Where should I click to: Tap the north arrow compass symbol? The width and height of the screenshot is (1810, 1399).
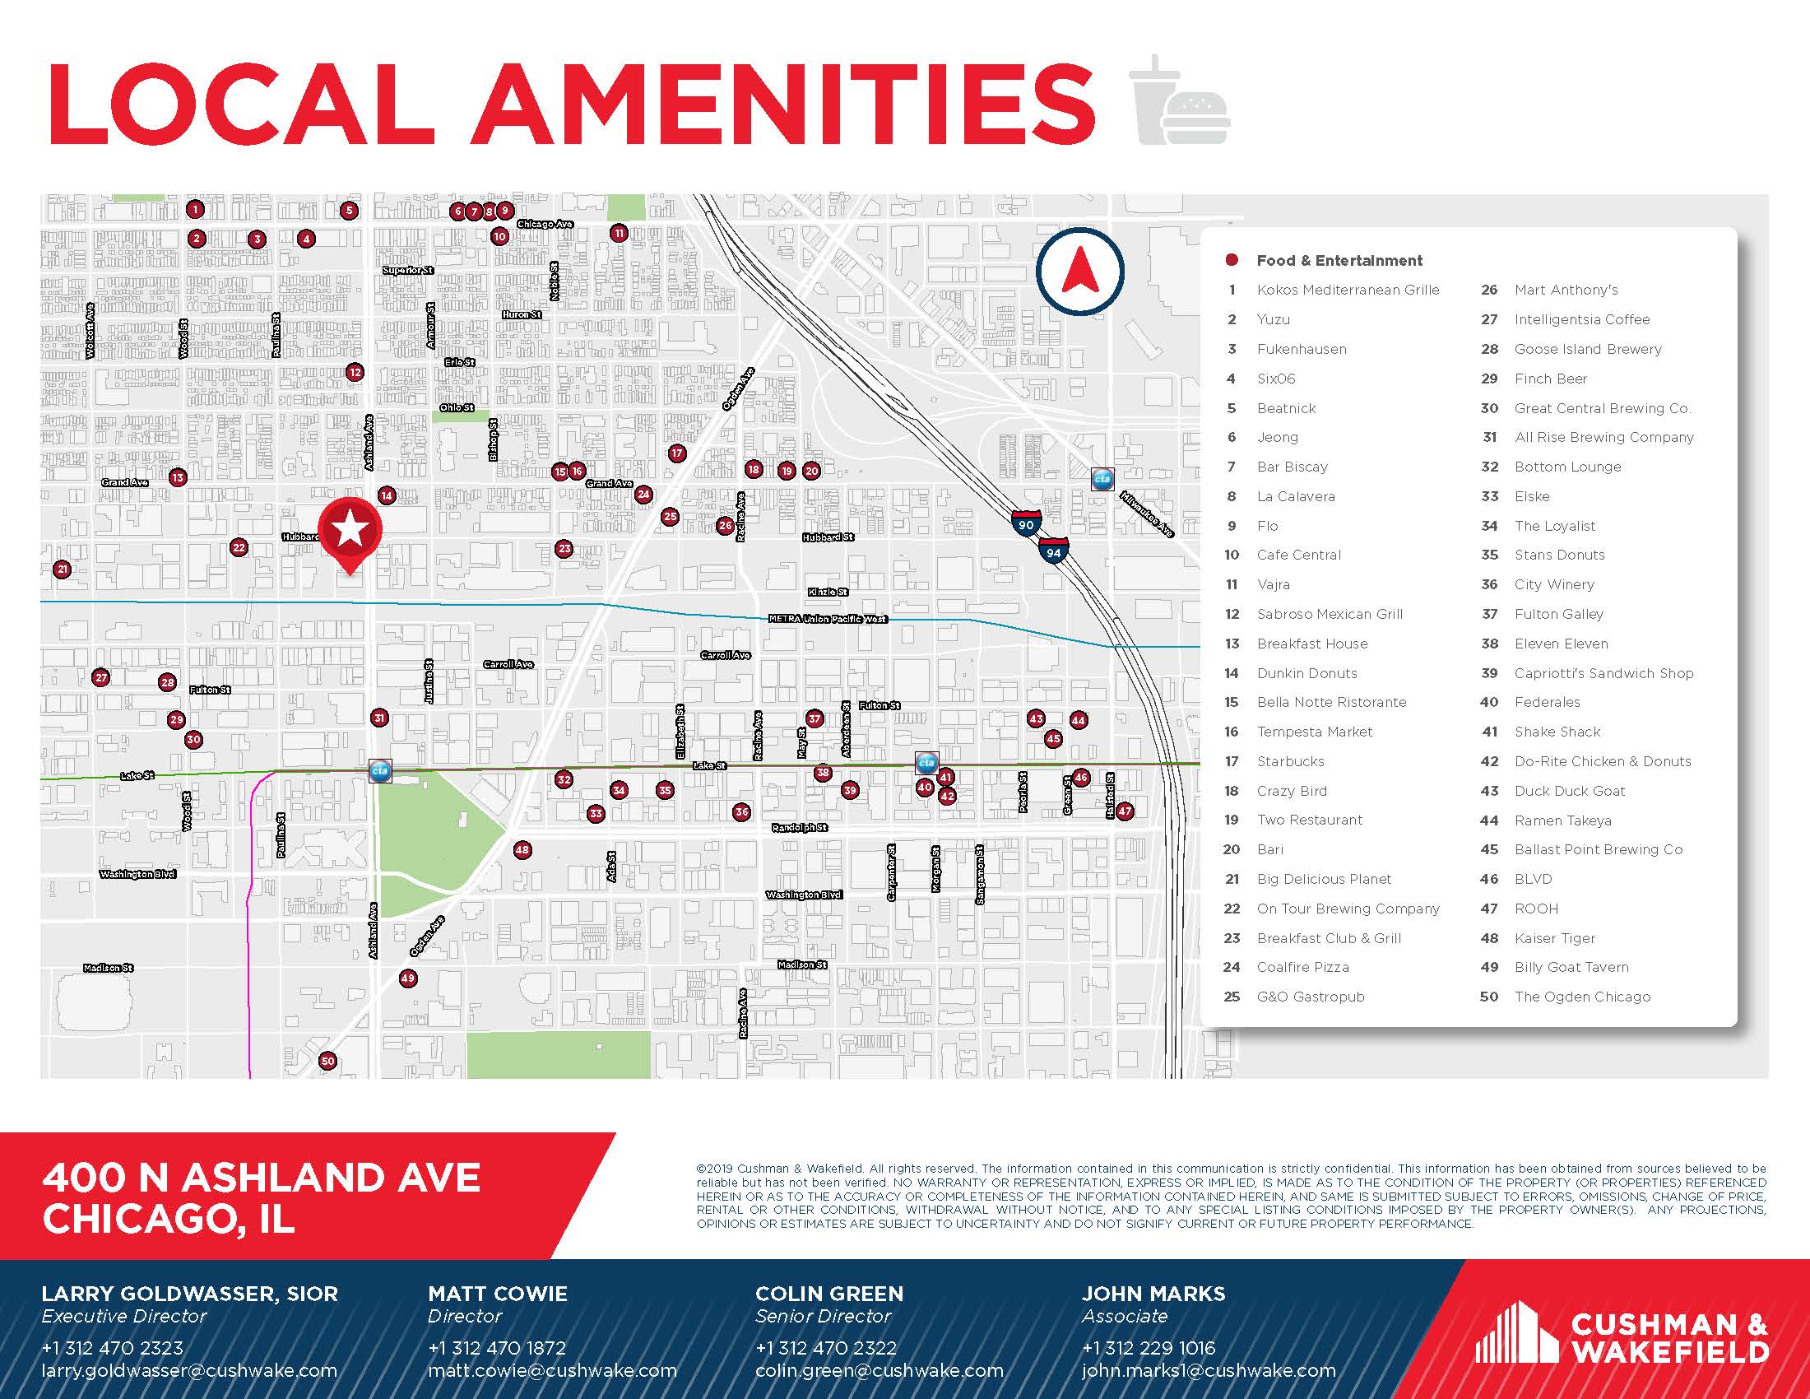(1079, 271)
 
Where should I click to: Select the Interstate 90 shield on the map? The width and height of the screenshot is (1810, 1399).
(1025, 523)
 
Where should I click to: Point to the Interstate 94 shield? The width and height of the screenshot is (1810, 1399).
(1053, 551)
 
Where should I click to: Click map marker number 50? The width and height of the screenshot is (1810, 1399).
(327, 1061)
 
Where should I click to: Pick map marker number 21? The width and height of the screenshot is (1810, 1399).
(63, 569)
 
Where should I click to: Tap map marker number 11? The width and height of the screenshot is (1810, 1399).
(618, 234)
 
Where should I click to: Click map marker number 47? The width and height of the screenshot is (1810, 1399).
(1124, 811)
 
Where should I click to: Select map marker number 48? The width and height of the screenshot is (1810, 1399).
(522, 849)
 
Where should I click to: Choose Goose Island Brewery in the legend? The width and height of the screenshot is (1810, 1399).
(1587, 349)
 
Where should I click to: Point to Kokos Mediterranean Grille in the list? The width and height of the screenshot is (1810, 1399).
(1348, 290)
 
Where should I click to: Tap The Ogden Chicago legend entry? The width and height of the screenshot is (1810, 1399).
(1581, 997)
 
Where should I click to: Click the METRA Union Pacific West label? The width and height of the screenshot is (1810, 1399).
(826, 619)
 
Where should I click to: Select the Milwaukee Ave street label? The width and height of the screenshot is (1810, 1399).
(1146, 514)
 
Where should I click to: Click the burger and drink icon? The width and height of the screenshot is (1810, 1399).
(1179, 101)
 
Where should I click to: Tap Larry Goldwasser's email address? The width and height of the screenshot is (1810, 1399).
(189, 1371)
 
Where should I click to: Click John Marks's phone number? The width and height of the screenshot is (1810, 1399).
(1148, 1349)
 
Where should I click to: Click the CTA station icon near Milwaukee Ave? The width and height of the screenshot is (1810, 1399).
(1102, 479)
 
